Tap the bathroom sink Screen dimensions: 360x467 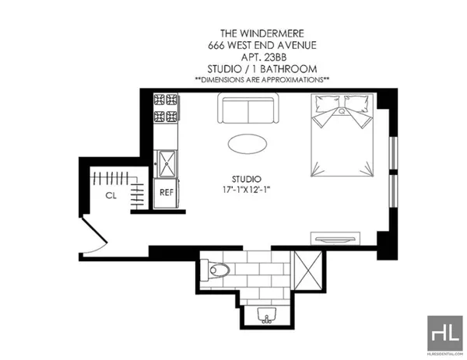coord(267,316)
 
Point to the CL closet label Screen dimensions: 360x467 coord(111,195)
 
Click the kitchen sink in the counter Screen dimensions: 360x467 coord(167,163)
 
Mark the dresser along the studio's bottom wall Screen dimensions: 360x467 coord(335,236)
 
